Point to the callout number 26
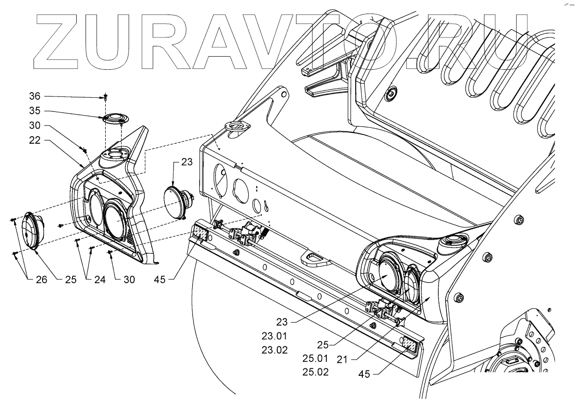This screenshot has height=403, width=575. [41, 279]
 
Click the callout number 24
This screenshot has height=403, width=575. [99, 279]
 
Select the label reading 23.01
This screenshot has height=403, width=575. [275, 336]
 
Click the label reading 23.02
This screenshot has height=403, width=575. [275, 349]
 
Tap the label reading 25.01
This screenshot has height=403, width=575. [316, 359]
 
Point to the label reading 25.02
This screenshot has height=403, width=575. [316, 373]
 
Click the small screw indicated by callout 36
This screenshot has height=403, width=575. [105, 97]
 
